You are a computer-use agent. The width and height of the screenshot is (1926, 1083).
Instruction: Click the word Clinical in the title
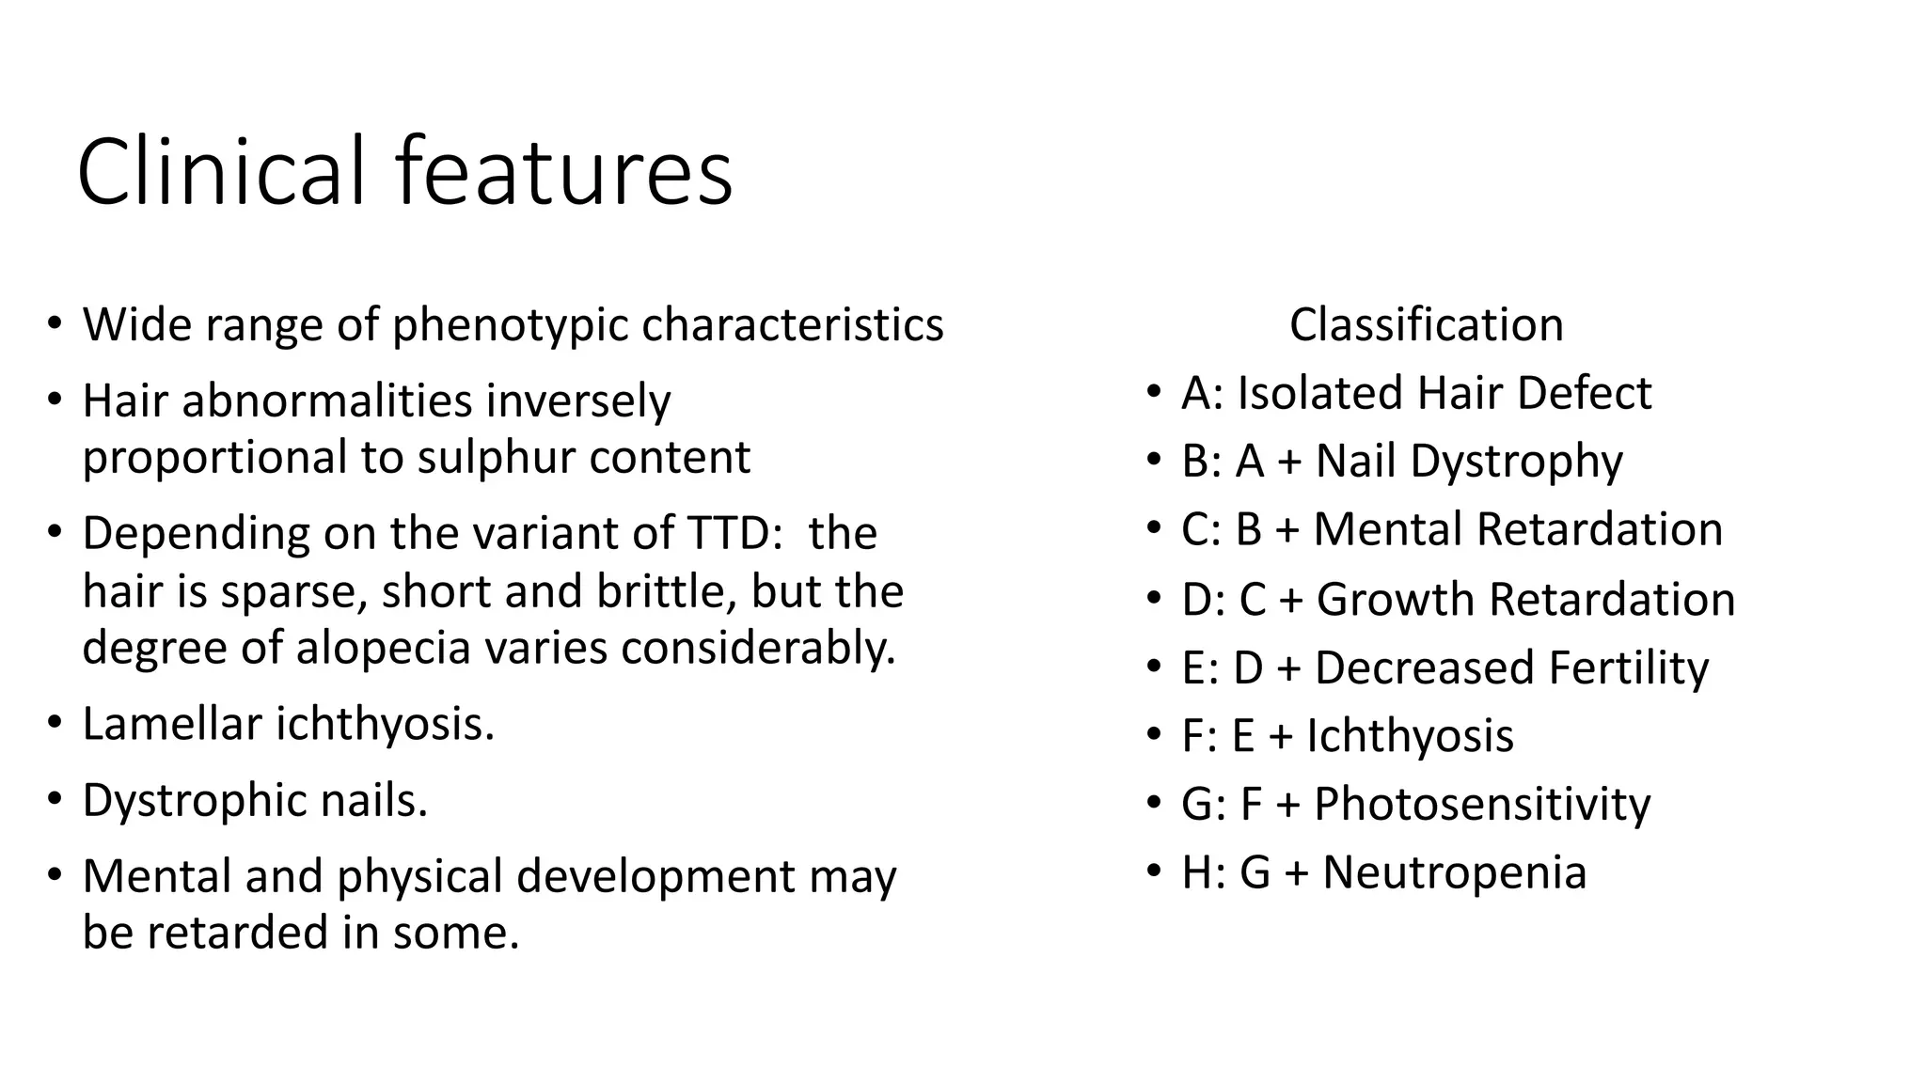(220, 172)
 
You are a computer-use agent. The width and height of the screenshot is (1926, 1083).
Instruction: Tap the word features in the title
(563, 172)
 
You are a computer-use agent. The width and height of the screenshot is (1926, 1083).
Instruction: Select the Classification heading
(1426, 325)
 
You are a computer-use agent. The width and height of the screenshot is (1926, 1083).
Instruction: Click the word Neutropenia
(1454, 872)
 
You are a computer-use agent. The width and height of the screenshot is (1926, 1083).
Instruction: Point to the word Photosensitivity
(1481, 805)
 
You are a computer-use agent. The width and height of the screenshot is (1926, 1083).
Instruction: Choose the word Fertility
(1628, 667)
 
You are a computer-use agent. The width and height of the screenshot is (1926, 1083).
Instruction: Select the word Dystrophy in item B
(1516, 462)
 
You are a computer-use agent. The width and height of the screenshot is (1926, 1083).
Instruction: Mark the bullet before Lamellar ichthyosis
(55, 723)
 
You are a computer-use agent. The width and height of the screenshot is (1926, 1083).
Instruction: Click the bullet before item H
(1154, 871)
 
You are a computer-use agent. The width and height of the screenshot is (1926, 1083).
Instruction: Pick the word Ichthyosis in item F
(1410, 735)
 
